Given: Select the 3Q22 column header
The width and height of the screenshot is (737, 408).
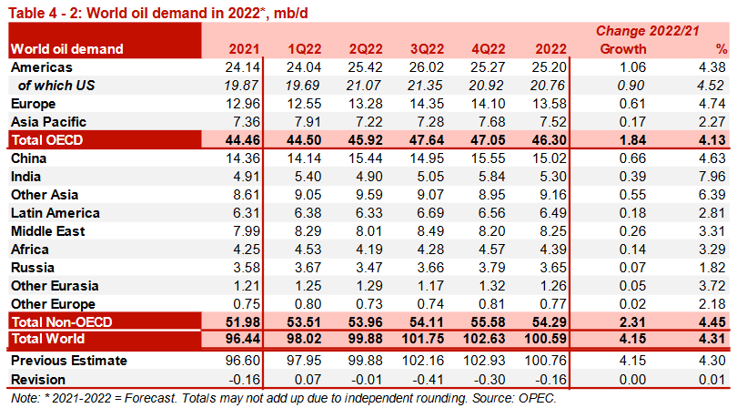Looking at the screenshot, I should coord(427,49).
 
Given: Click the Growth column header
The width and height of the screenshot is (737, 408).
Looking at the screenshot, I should coord(623,49).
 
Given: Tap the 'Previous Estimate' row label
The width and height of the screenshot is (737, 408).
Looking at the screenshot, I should coord(68,361).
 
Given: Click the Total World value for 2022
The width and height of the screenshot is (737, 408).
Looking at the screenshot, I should coord(550,340).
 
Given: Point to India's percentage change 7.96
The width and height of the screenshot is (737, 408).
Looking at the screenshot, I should coord(712,177).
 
